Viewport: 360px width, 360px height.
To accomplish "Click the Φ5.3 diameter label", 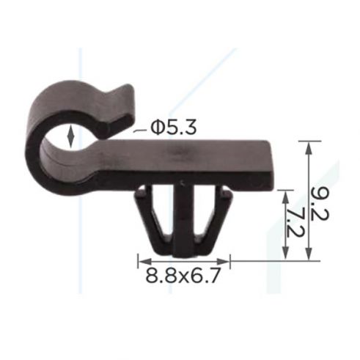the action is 173,128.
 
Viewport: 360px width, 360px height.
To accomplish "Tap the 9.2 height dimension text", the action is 320,203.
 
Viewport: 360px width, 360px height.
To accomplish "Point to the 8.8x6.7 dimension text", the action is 182,275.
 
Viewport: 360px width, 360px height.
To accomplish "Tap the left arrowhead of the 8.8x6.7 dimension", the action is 144,262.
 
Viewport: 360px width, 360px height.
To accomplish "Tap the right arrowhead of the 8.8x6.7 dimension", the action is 224,262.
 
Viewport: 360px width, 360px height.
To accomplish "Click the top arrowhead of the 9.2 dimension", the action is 309,147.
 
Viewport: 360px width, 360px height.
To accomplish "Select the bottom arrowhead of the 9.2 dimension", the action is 309,254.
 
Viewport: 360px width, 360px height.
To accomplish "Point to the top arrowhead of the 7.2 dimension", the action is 285,196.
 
